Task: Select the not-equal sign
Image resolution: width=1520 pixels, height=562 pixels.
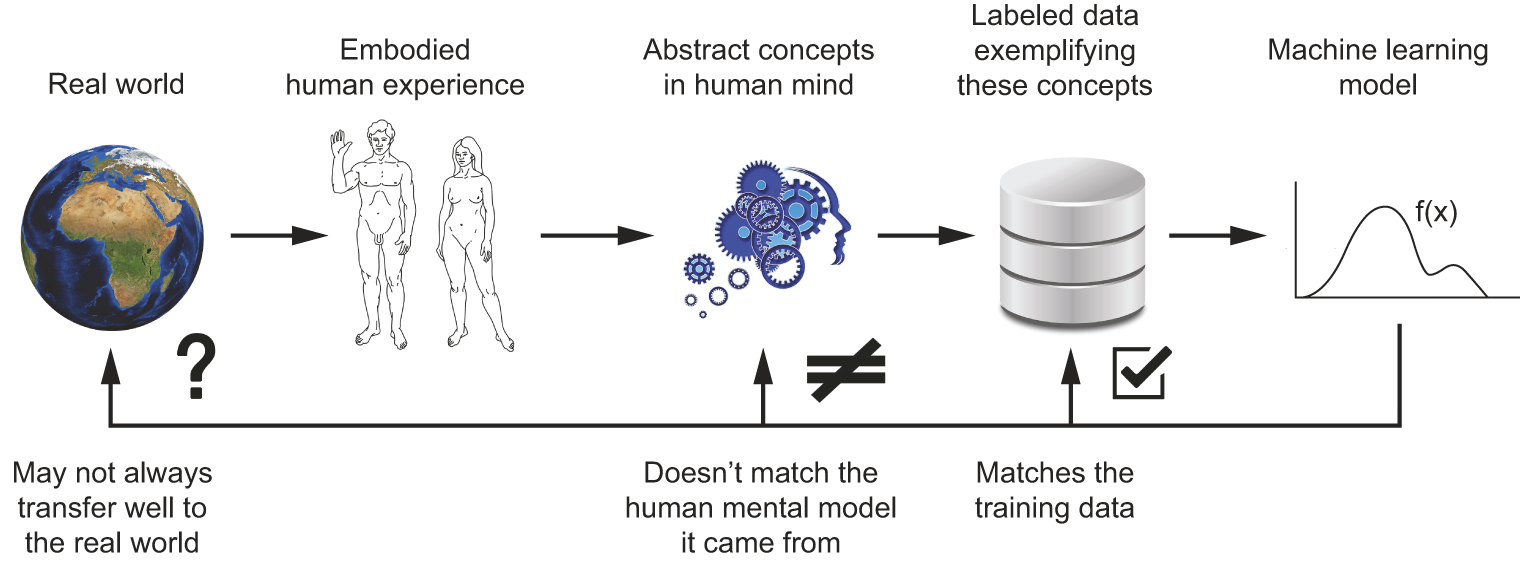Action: coord(846,371)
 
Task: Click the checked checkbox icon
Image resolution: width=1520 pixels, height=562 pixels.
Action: coord(1141,372)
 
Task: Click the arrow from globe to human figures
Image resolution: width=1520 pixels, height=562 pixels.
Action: coord(279,237)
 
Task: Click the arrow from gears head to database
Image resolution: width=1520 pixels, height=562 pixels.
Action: coord(926,237)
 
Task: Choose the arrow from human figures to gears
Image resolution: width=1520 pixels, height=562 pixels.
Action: coord(596,237)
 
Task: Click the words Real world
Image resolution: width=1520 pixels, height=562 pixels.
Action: coord(116,83)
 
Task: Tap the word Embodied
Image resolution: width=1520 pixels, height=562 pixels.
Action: coord(405,50)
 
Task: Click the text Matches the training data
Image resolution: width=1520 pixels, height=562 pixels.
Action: coord(1055,490)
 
